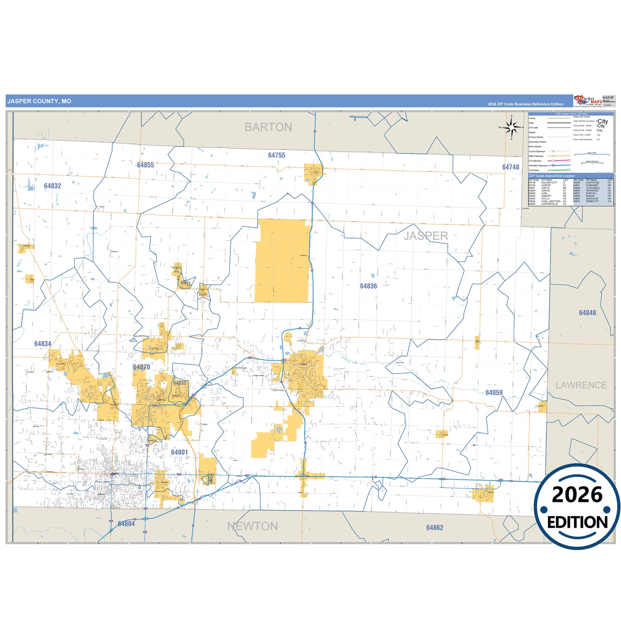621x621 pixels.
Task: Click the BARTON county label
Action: click(268, 127)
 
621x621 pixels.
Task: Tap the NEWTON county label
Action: click(252, 526)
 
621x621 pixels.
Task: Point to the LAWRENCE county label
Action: click(581, 385)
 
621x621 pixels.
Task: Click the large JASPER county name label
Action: click(425, 236)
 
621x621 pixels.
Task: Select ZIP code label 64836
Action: click(368, 286)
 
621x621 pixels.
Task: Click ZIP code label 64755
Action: click(276, 155)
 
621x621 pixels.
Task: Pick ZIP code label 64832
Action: click(52, 186)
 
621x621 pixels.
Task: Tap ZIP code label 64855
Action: click(145, 165)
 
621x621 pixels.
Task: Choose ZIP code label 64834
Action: click(43, 344)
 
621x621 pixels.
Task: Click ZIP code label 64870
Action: click(141, 367)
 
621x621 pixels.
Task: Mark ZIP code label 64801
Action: click(179, 452)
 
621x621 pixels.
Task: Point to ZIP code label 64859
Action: click(494, 393)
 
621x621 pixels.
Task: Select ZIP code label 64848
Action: click(587, 313)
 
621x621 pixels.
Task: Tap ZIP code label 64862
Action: click(434, 528)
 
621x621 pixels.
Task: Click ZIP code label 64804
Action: click(126, 524)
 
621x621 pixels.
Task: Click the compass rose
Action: click(511, 127)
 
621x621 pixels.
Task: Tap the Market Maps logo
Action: click(588, 101)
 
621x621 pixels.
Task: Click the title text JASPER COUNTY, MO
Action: click(39, 101)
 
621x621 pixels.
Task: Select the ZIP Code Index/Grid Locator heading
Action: click(552, 176)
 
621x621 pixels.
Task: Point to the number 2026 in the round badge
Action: click(577, 495)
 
